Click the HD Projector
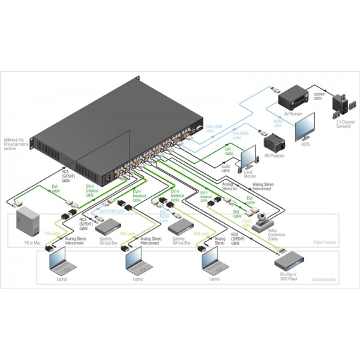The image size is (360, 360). [274, 143]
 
